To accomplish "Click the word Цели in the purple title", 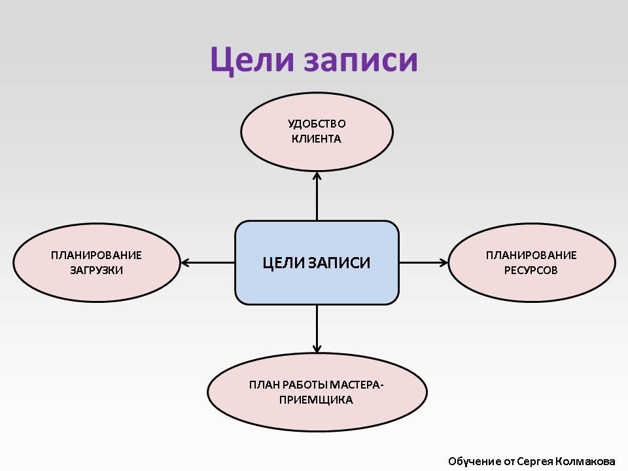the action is [253, 60].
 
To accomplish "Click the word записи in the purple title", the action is [360, 61].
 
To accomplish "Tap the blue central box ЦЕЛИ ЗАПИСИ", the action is [317, 263].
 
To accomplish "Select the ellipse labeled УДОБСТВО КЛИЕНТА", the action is [317, 131].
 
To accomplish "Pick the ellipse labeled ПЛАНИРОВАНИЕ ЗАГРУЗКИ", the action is [97, 263].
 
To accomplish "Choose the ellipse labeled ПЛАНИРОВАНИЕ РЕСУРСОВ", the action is [531, 263].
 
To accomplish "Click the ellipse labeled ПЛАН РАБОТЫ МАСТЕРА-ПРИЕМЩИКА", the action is [317, 392].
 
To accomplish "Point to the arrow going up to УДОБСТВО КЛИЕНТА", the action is [317, 196].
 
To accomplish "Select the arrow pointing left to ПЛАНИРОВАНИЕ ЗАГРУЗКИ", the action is [208, 263].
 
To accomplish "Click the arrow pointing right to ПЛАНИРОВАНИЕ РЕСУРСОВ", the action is [423, 263].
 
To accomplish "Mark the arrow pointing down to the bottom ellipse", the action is [317, 329].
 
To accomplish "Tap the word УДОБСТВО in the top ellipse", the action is [317, 124].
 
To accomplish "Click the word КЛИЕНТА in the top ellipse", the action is [317, 139].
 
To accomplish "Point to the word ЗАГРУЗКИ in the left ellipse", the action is [97, 270].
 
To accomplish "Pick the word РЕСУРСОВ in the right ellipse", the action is [531, 270].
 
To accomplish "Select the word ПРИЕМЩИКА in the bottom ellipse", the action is [316, 400].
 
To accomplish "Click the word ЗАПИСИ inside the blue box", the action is [340, 263].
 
